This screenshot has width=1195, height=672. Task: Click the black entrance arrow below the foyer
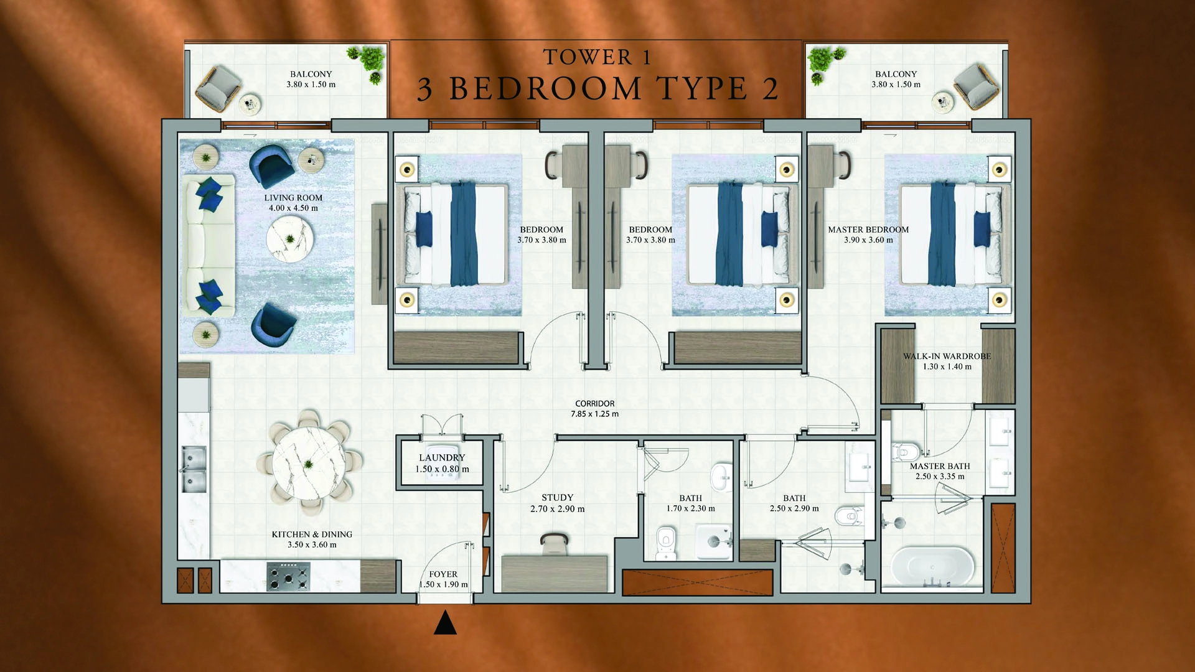click(x=444, y=623)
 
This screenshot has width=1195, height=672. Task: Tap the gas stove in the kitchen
click(x=288, y=576)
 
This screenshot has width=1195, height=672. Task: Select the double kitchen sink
click(x=194, y=469)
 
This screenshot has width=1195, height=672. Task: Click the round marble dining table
click(x=309, y=464)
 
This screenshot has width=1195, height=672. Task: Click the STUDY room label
click(x=557, y=498)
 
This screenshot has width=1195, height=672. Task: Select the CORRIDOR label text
click(x=594, y=404)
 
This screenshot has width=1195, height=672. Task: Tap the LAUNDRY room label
click(x=442, y=457)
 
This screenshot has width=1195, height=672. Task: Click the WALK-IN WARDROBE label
click(x=947, y=357)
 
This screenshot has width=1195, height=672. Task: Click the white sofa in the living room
click(x=208, y=246)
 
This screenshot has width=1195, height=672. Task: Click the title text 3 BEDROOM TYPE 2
click(x=597, y=89)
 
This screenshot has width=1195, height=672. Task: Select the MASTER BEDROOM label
click(x=868, y=230)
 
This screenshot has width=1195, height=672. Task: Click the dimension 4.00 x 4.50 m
click(x=293, y=208)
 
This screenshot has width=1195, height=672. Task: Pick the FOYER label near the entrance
click(x=443, y=574)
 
